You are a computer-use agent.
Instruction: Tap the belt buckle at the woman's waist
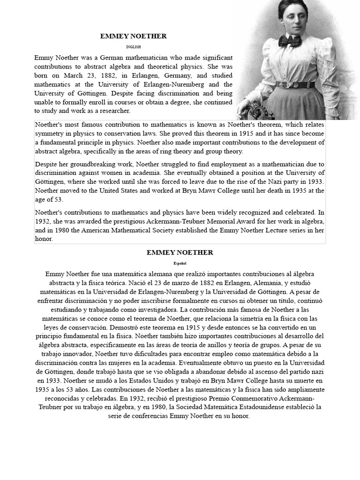tap(295, 85)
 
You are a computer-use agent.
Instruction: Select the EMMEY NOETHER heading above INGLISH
tap(134, 36)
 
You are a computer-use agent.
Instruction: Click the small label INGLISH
tap(134, 47)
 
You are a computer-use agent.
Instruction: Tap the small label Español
tap(180, 263)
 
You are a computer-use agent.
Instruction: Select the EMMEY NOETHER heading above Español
tap(180, 253)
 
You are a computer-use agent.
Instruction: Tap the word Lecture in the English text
tap(270, 230)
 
